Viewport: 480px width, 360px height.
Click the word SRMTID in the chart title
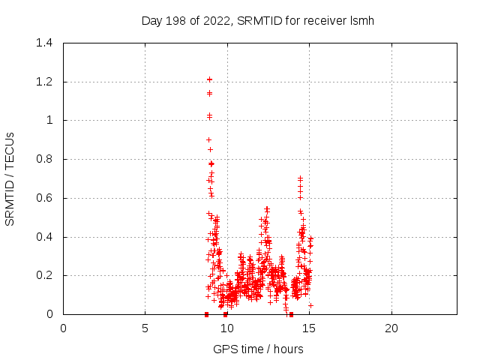[256, 21]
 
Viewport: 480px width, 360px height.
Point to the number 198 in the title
[175, 21]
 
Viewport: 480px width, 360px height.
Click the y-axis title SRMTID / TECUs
[10, 178]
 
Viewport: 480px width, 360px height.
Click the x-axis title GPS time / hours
[258, 349]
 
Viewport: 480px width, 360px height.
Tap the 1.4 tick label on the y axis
[44, 43]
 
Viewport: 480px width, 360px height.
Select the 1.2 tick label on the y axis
[44, 82]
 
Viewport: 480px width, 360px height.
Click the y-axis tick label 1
[49, 120]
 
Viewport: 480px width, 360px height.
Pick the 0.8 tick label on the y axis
[44, 159]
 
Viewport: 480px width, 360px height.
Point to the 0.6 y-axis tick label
[44, 198]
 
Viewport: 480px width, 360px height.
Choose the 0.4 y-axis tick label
[44, 237]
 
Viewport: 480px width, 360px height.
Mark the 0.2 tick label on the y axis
[44, 275]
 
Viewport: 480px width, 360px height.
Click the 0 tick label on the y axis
[49, 314]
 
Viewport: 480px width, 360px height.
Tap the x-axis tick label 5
[145, 328]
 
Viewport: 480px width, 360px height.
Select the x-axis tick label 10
[226, 328]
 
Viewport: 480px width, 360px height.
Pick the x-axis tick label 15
[309, 328]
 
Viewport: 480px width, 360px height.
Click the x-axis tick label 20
[391, 328]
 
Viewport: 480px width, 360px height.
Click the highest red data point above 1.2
[210, 79]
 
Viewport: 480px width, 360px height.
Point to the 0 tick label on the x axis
[63, 328]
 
